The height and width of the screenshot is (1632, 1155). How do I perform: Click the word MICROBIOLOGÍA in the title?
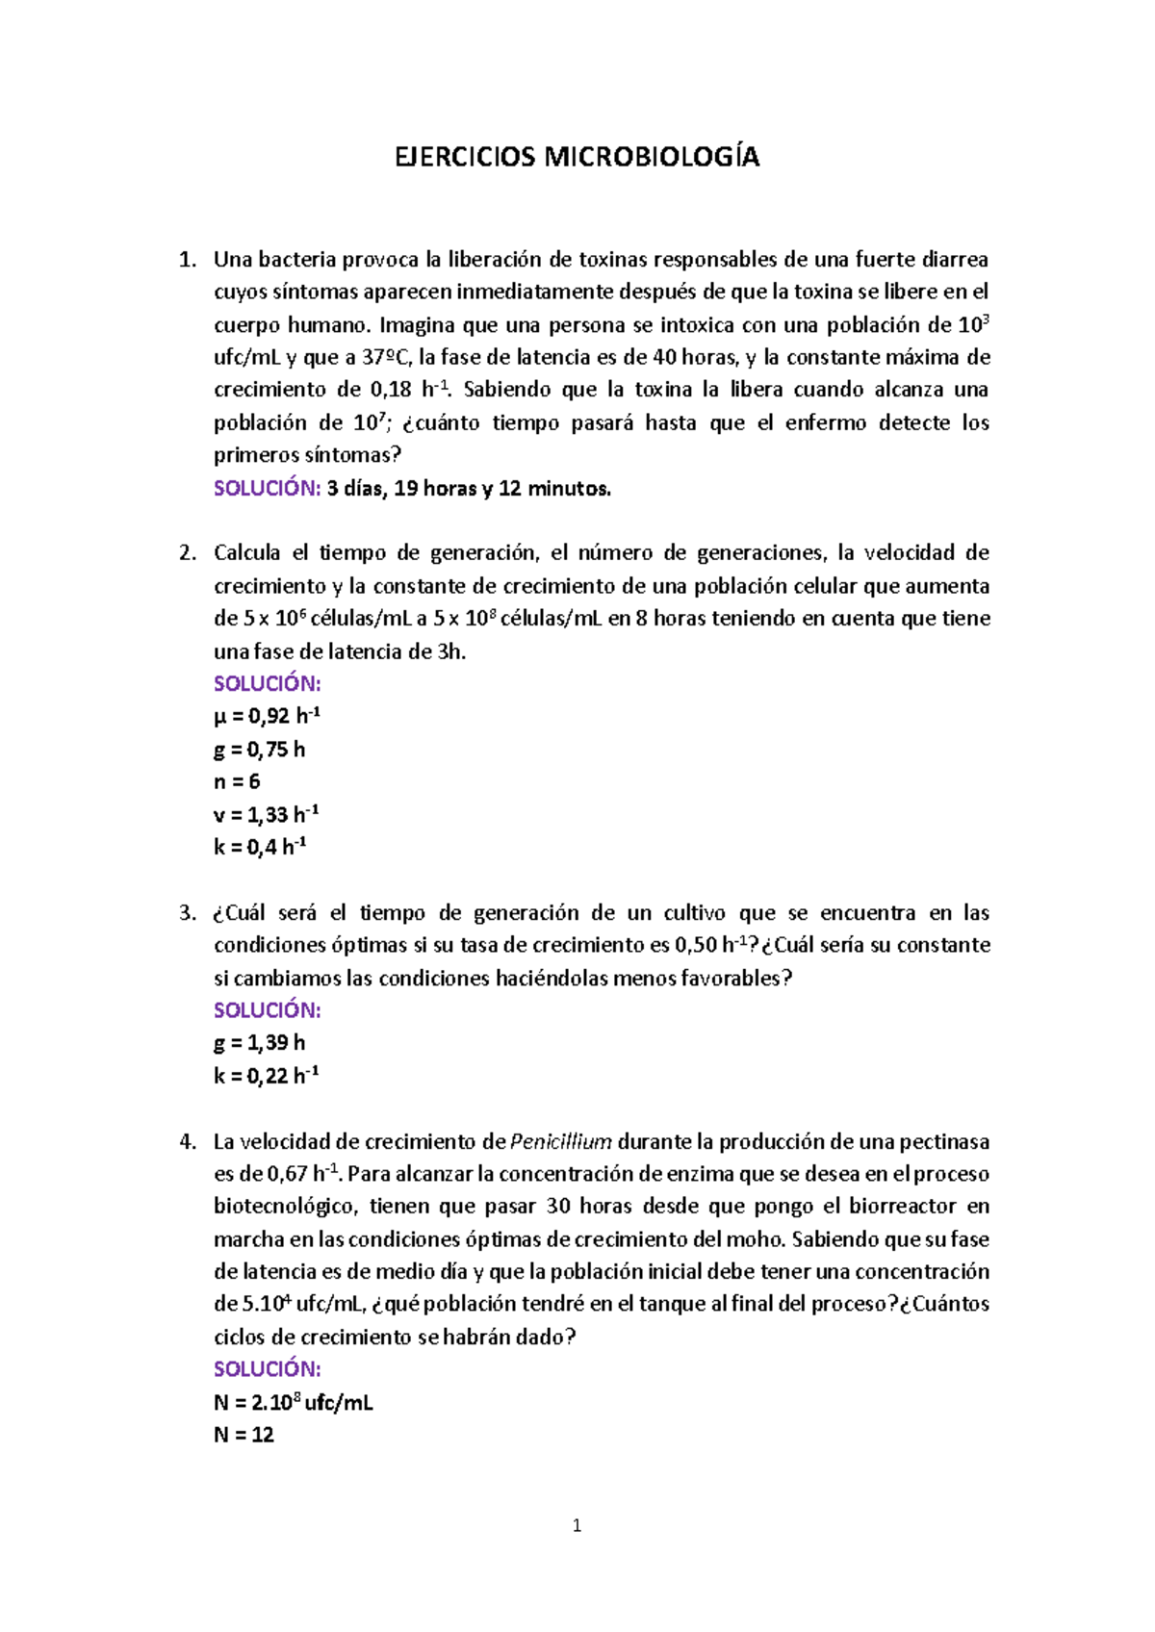(x=652, y=157)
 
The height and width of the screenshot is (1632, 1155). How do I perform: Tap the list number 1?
(x=188, y=260)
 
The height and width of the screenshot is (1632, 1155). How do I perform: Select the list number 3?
(x=188, y=912)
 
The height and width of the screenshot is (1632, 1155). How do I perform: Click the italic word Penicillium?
(x=561, y=1141)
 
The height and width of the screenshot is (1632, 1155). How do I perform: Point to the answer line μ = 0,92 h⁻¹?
(x=267, y=716)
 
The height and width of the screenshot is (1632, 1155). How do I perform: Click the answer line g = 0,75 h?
(x=259, y=750)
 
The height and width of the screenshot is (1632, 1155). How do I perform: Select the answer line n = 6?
(x=237, y=781)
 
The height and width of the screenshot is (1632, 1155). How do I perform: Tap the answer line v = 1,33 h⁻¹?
(x=266, y=815)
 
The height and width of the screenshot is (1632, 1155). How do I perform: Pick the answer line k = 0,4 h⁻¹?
(x=260, y=848)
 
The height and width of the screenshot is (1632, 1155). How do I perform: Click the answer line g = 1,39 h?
(x=259, y=1043)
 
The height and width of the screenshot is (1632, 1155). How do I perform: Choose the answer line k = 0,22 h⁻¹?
(x=266, y=1076)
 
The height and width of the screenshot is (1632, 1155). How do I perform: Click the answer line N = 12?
(x=244, y=1435)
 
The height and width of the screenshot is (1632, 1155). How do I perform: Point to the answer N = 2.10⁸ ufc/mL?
(x=293, y=1402)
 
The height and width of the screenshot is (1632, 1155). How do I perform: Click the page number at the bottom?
(x=577, y=1525)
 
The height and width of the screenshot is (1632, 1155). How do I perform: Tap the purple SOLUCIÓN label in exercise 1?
(x=267, y=489)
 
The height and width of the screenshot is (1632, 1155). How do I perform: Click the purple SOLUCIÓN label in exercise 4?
(x=267, y=1369)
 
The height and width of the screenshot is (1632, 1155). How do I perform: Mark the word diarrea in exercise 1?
(x=955, y=260)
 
